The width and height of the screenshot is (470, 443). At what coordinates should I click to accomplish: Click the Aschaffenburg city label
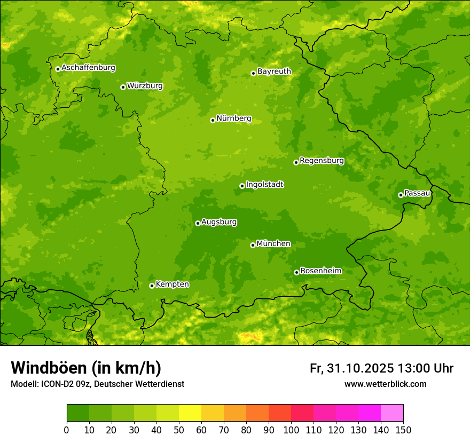(88, 68)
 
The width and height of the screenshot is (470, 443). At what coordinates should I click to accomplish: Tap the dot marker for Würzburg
(123, 87)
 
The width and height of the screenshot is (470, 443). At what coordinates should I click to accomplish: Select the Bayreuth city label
(274, 71)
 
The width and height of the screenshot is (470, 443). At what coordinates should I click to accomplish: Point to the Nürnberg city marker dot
(213, 120)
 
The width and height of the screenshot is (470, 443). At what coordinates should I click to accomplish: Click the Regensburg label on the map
(322, 160)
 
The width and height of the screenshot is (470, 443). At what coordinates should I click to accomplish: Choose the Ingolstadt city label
(264, 185)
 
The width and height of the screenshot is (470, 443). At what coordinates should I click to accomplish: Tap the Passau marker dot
(401, 195)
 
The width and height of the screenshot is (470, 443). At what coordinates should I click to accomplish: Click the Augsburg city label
(219, 222)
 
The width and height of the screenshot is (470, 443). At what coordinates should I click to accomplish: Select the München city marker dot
(253, 245)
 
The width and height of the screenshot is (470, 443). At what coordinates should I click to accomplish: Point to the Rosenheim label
(320, 271)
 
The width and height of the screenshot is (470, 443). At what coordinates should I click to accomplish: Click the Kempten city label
(172, 284)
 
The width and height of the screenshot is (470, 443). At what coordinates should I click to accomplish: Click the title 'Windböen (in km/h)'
(86, 368)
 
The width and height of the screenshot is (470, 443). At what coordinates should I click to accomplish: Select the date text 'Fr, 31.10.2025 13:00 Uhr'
(381, 368)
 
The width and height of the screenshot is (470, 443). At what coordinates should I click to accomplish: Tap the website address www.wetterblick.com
(385, 384)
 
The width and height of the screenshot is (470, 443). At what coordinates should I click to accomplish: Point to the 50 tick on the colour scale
(179, 430)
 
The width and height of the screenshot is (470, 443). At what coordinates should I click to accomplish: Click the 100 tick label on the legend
(291, 430)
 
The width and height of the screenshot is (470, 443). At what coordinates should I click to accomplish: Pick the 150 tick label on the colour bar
(403, 430)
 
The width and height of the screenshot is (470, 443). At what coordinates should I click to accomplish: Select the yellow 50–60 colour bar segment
(190, 413)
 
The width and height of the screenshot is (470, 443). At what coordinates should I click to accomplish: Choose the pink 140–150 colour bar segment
(392, 413)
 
